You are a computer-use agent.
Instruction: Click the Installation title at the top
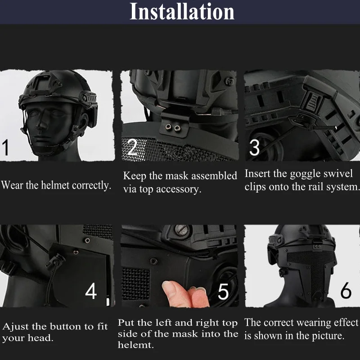point(182,12)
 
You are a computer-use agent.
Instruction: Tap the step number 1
point(5,148)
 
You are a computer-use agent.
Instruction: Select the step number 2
point(132,147)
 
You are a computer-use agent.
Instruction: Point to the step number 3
point(254,148)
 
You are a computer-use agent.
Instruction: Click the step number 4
point(91,291)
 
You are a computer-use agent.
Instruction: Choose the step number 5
point(223,291)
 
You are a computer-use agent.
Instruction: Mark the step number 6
point(346,290)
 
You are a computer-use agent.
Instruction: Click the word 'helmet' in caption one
point(55,185)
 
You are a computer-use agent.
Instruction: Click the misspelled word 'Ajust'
point(16,327)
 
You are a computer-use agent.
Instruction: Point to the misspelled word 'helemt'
point(136,345)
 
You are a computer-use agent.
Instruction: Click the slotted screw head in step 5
point(181,230)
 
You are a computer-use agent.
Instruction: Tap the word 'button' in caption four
point(66,327)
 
